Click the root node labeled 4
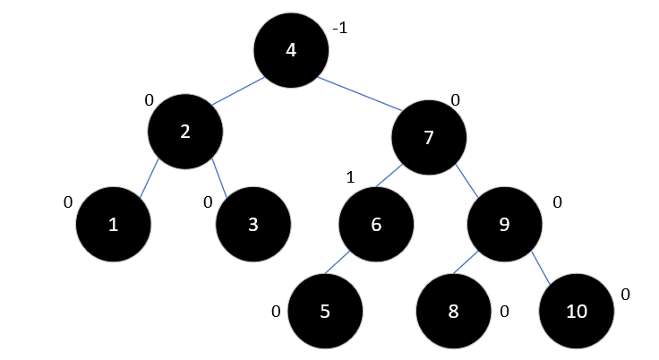[x=290, y=49]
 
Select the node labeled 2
[x=185, y=132]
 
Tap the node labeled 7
[x=430, y=136]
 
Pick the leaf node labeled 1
[x=112, y=224]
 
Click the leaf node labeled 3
[x=253, y=224]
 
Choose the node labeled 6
[x=376, y=224]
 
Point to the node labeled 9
[x=504, y=224]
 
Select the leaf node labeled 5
[x=326, y=312]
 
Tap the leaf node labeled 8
[x=453, y=312]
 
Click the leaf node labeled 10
[x=577, y=312]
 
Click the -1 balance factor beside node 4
[x=339, y=29]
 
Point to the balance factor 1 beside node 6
[x=351, y=177]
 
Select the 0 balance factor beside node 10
[x=625, y=294]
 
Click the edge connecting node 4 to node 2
[x=237, y=90]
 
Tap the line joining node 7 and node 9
[x=466, y=180]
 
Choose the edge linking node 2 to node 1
[x=149, y=178]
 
